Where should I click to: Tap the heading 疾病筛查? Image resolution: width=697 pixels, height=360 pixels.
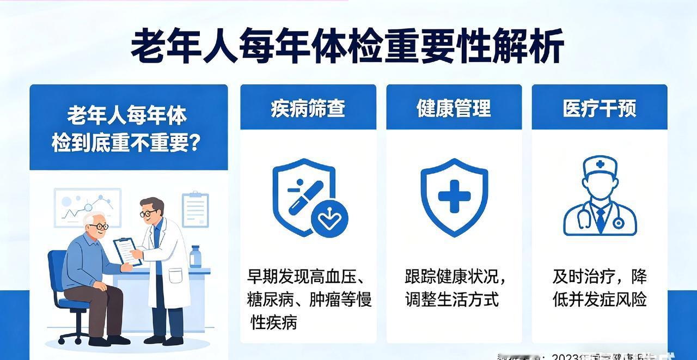(x=308, y=108)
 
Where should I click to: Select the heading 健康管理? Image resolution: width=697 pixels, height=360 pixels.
(x=454, y=108)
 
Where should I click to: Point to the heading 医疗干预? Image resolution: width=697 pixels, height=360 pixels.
(x=599, y=108)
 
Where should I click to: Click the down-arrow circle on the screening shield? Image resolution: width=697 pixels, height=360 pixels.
(x=329, y=220)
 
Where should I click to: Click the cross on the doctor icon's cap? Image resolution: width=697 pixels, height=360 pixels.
(x=600, y=164)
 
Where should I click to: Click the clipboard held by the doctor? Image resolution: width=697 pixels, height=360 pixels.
(x=127, y=251)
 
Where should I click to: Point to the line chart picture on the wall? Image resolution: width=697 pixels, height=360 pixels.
(x=87, y=207)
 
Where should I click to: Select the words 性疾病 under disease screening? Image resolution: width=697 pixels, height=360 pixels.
(x=273, y=322)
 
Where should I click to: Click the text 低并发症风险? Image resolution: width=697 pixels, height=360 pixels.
(x=600, y=300)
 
